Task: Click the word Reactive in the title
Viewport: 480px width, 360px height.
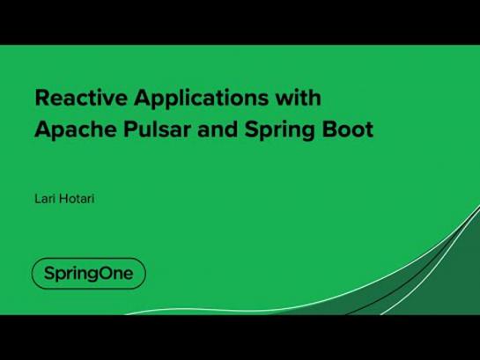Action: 81,98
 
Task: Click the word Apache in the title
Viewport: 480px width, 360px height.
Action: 76,129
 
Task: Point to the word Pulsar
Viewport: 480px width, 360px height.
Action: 157,129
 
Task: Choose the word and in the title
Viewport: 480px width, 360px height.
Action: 218,129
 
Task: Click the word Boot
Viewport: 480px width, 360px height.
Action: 347,129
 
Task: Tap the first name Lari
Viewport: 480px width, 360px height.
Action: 45,199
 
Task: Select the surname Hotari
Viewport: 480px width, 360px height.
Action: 77,199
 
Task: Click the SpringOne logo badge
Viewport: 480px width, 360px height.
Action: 89,274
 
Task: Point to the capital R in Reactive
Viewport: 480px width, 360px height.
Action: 42,98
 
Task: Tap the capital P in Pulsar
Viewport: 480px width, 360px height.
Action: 130,129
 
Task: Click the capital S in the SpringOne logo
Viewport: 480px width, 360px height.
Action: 49,273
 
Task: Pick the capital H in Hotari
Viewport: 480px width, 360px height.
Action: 63,199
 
